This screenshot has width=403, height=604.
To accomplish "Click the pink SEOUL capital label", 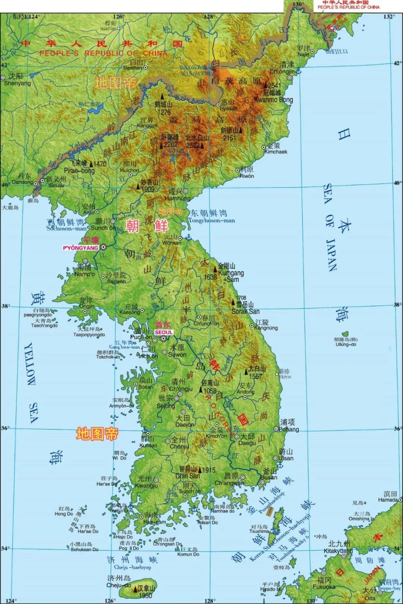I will point(163,331).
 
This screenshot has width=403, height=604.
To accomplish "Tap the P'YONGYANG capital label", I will point(81,248).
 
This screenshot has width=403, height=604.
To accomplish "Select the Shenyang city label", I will point(17,83).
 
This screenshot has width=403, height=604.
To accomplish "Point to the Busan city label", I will point(269,477).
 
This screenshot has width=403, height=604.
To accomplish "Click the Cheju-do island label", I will point(119,585).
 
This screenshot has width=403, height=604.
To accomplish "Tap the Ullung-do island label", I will point(345,344).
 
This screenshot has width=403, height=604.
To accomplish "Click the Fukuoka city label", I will point(324,586).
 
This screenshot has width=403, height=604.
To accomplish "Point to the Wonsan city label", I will point(172,243).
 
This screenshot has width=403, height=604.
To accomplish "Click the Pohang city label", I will point(290,429).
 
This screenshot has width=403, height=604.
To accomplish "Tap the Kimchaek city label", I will point(276,152).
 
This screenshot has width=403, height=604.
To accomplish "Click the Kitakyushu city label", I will point(338,551).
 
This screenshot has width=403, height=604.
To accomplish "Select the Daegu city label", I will point(247,443).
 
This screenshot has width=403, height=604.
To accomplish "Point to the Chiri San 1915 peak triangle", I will point(200,470).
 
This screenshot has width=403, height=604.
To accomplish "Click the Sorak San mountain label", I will point(246,311).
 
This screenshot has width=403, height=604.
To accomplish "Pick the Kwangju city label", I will point(147,486).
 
